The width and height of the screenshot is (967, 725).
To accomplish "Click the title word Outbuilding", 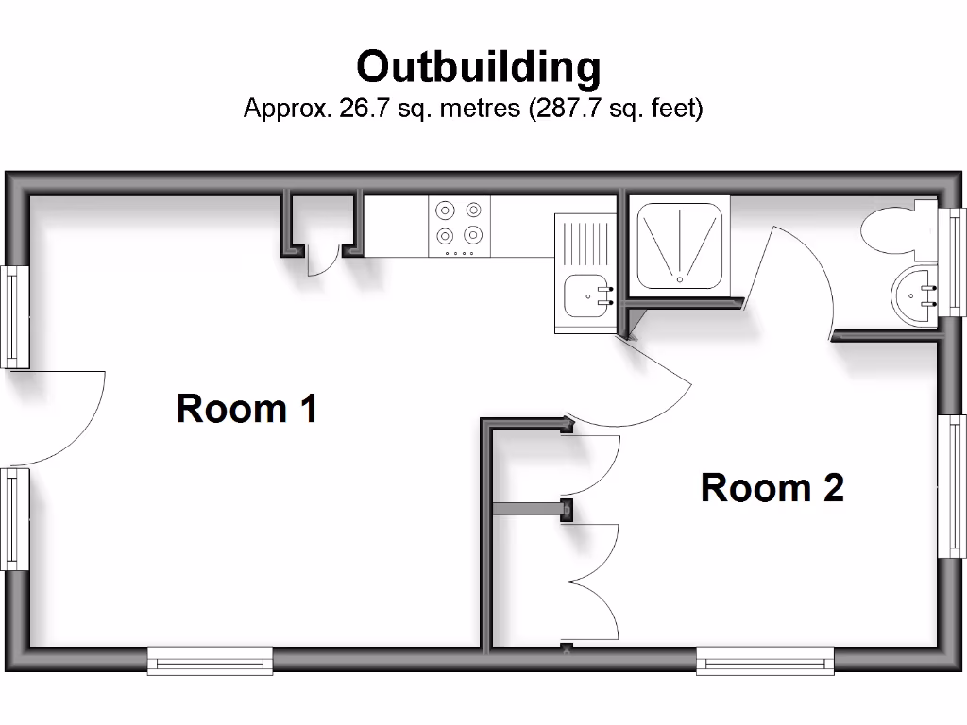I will pyautogui.click(x=478, y=67).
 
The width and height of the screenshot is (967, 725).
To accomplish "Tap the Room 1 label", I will pyautogui.click(x=246, y=409).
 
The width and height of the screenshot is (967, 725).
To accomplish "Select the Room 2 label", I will pyautogui.click(x=772, y=488).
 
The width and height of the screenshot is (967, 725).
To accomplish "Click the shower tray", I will pyautogui.click(x=680, y=244).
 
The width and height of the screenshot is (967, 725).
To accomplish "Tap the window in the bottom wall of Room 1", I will pyautogui.click(x=210, y=660).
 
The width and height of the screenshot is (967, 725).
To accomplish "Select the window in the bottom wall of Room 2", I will pyautogui.click(x=765, y=660).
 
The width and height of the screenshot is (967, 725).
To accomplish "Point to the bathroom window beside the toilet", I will pyautogui.click(x=956, y=260).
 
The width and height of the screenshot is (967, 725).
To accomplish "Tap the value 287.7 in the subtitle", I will pyautogui.click(x=568, y=108).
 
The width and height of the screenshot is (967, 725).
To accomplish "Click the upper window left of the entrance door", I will pyautogui.click(x=15, y=316).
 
